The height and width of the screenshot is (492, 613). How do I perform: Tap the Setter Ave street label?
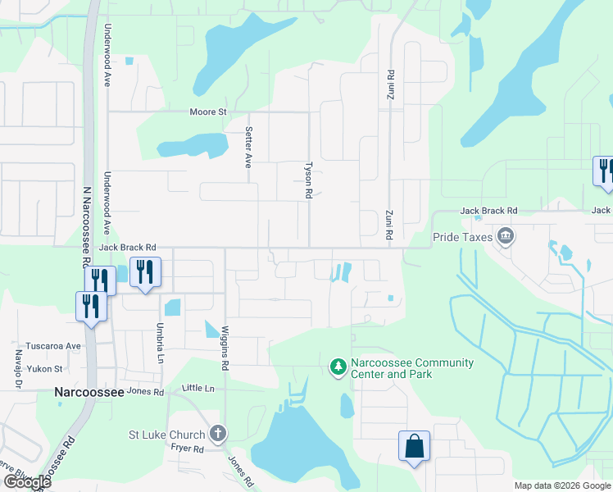pos(248,148)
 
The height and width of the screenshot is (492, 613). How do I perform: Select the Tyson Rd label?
pos(309,180)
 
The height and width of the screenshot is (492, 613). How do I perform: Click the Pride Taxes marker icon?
pos(506,238)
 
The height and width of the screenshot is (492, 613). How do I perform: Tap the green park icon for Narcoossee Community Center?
pos(337,367)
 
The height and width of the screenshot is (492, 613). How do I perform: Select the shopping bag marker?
pos(414,447)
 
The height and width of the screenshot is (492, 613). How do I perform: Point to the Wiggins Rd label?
pos(223,351)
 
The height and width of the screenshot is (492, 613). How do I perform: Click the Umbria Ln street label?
pos(161,337)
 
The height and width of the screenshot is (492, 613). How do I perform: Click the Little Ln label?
pos(198,388)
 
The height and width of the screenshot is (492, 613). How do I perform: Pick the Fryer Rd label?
pos(188,449)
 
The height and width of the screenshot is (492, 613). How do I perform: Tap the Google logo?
pos(27,482)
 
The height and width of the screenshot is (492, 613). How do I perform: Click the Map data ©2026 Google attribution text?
pos(561,485)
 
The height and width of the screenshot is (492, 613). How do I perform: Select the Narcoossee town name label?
pos(89,392)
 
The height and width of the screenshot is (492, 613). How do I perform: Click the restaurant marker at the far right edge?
pos(603,171)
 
